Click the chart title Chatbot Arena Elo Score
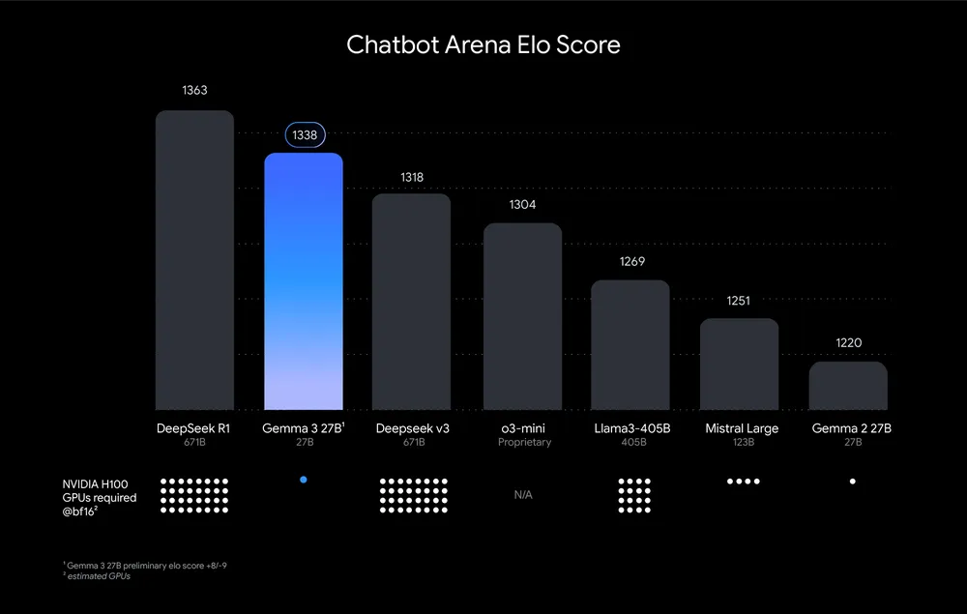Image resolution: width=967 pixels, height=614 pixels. pyautogui.click(x=483, y=45)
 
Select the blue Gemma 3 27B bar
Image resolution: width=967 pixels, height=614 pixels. pyautogui.click(x=303, y=280)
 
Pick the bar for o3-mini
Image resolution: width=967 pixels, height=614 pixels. pyautogui.click(x=522, y=316)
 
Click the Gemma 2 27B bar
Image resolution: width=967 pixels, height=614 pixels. pyautogui.click(x=848, y=386)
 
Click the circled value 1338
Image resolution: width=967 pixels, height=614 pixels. pyautogui.click(x=305, y=135)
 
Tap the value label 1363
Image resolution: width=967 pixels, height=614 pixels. pyautogui.click(x=194, y=91)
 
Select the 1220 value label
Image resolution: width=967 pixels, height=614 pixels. pyautogui.click(x=848, y=342)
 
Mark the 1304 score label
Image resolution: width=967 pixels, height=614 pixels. pyautogui.click(x=522, y=205)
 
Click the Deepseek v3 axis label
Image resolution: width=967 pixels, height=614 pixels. pyautogui.click(x=412, y=428)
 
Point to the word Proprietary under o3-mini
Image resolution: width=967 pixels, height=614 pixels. pyautogui.click(x=524, y=443)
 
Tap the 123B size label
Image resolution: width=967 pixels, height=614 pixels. pyautogui.click(x=742, y=443)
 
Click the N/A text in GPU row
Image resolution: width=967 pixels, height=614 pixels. pyautogui.click(x=523, y=495)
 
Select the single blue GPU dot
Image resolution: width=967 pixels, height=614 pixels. pyautogui.click(x=304, y=480)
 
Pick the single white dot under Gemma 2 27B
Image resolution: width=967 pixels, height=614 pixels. pyautogui.click(x=852, y=481)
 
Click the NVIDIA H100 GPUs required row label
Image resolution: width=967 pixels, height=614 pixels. pyautogui.click(x=100, y=498)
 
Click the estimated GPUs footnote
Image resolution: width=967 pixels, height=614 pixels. pyautogui.click(x=97, y=576)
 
